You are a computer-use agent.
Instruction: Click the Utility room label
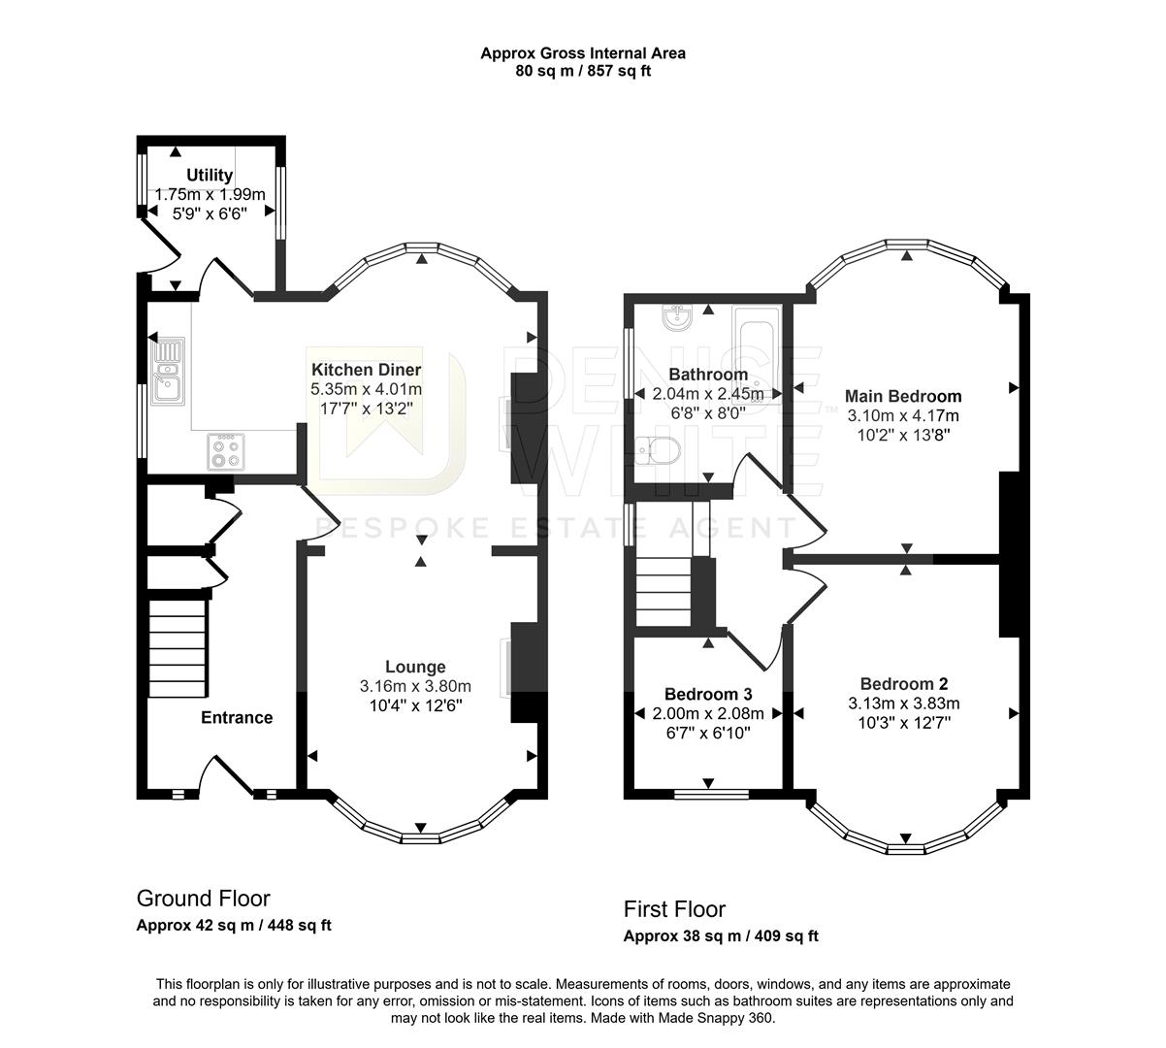point(210,175)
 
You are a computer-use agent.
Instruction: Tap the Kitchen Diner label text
point(366,370)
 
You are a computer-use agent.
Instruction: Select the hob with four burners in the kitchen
point(226,451)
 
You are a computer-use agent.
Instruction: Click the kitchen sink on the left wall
point(169,370)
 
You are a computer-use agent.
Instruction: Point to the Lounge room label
point(415,667)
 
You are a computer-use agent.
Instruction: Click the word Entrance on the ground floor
point(236,717)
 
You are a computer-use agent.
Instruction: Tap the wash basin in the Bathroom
point(675,317)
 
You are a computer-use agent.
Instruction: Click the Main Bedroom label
point(903,396)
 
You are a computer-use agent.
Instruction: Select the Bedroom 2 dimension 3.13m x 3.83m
point(903,704)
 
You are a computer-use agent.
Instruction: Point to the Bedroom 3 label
point(708,694)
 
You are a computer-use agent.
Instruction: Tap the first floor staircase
point(664,592)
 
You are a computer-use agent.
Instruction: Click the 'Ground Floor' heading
point(203,899)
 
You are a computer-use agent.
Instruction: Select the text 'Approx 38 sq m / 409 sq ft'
point(720,936)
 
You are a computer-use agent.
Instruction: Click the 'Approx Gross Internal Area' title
point(582,53)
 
